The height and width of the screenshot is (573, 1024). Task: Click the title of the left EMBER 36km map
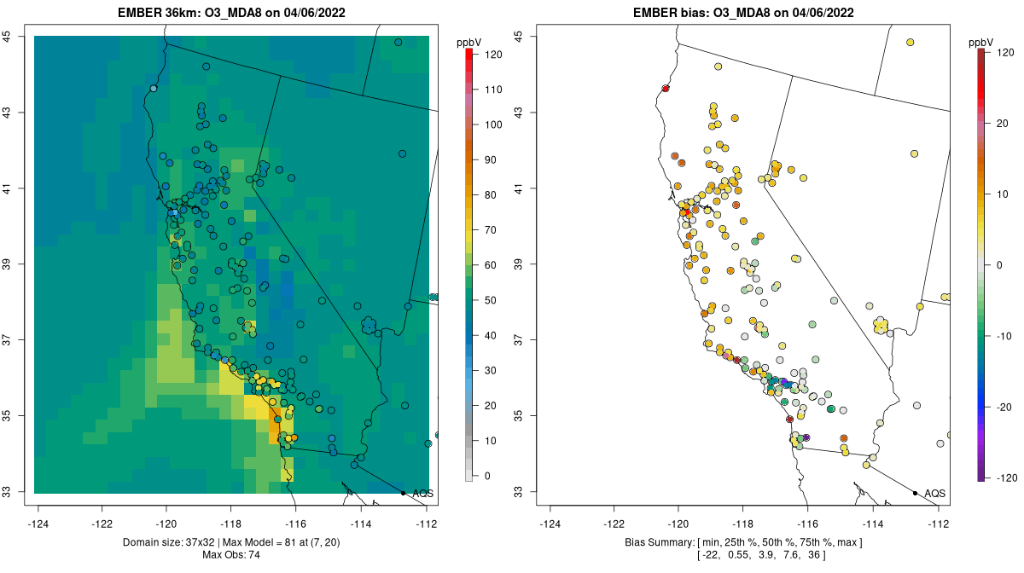tap(231, 13)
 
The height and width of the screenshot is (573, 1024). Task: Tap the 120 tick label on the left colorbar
tap(492, 54)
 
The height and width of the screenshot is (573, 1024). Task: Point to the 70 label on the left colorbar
tap(492, 229)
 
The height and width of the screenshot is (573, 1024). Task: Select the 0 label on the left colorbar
tap(489, 476)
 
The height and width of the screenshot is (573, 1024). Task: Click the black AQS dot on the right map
tap(915, 493)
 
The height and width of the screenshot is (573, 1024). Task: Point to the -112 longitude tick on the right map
tap(938, 524)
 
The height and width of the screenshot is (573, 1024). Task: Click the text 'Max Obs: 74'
tap(231, 555)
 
